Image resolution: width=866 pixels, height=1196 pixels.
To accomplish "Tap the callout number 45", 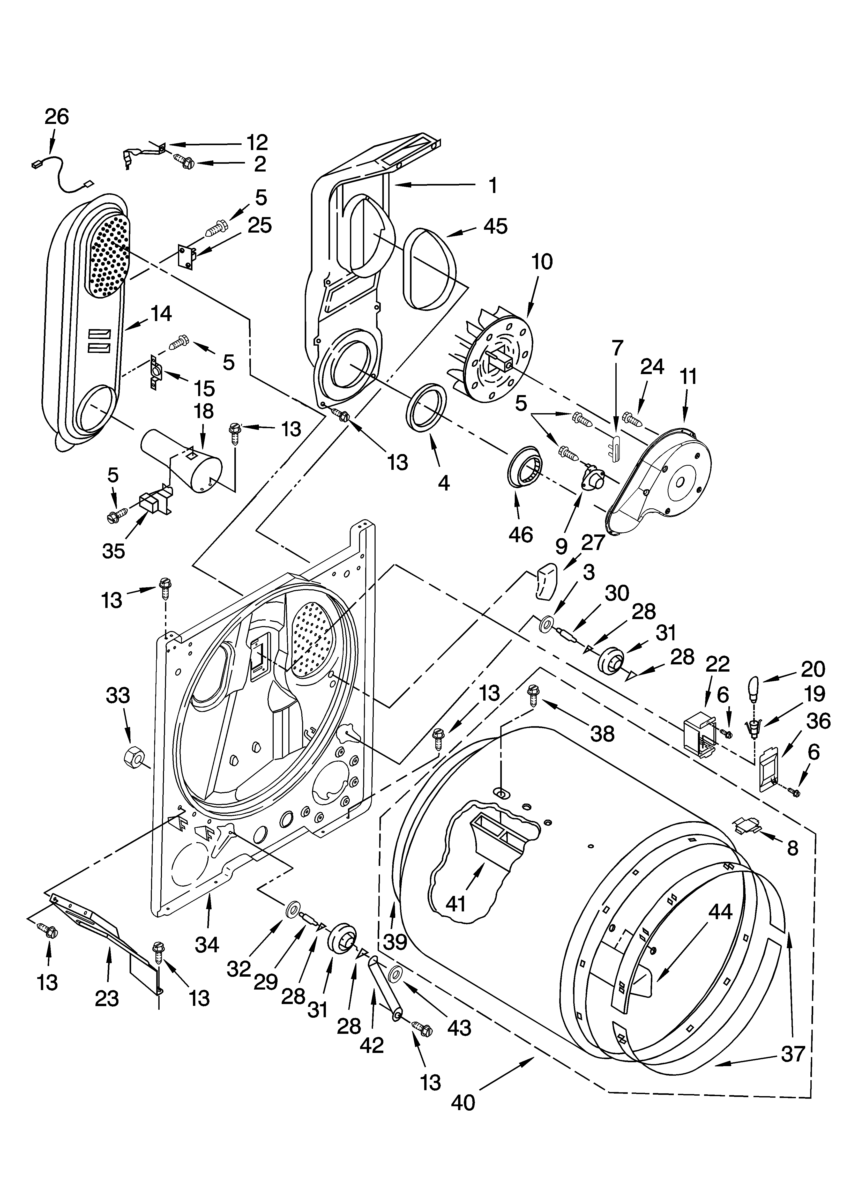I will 495,226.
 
